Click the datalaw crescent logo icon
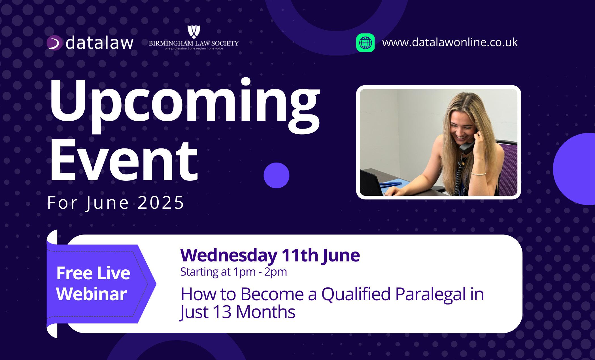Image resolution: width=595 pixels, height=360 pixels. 54,43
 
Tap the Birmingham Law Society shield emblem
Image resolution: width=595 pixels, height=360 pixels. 194,31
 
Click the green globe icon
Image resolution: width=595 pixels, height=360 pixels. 365,43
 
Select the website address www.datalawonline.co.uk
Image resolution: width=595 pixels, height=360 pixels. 450,42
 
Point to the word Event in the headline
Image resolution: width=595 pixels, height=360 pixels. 124,160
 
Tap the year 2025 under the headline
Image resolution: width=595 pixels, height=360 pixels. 161,203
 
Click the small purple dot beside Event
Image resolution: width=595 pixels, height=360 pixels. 276,175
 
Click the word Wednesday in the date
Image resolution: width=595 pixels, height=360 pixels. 229,255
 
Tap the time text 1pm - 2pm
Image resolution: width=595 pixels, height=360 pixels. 260,272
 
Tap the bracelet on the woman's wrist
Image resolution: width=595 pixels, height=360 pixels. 479,173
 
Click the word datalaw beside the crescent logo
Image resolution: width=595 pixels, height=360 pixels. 99,43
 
